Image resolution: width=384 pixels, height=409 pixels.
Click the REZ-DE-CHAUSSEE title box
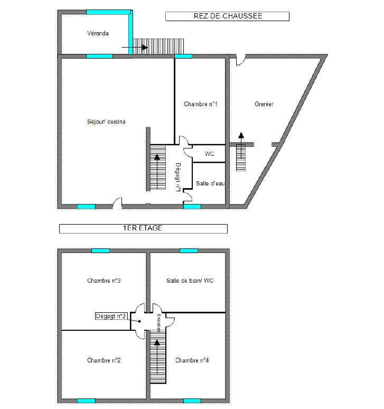pos(227,16)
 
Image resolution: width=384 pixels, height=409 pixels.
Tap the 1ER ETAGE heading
pos(143,228)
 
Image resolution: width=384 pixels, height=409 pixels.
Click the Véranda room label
pos(98,33)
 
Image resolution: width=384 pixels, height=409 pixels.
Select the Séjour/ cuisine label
pos(106,122)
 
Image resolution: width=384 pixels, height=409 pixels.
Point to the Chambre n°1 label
pos(201,104)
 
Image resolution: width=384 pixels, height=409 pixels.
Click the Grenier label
pos(264,104)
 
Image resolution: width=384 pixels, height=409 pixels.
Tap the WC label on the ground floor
pos(209,154)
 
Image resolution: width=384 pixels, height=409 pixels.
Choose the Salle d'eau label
pos(210,184)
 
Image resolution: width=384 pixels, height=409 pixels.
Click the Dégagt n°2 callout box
pos(111,316)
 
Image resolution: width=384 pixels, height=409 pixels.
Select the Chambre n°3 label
pos(104,281)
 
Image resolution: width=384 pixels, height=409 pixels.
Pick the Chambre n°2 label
pos(104,360)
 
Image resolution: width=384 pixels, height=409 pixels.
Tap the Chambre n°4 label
pos(192,360)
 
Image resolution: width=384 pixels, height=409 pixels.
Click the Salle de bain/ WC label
pos(190,281)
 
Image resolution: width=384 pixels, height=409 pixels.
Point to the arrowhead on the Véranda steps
pos(145,47)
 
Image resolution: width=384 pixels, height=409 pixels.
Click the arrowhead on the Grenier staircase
pos(241,135)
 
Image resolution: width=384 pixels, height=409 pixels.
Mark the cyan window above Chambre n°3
pos(101,250)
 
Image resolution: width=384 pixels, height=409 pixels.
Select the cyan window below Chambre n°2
pos(86,401)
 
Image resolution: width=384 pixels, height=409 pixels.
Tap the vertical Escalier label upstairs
pos(158,323)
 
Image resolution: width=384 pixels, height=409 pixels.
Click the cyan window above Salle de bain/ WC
pos(189,250)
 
